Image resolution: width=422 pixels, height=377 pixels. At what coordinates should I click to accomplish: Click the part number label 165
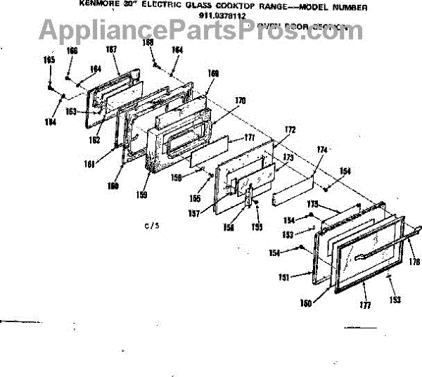[49, 60]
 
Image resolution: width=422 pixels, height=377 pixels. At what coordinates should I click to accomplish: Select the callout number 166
[72, 51]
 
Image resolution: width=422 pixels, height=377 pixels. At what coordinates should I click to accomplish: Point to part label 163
[71, 111]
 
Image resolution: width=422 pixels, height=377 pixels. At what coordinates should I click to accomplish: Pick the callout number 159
[142, 193]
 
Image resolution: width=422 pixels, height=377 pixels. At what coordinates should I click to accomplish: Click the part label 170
[240, 101]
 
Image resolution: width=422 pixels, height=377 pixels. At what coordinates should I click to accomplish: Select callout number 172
[290, 129]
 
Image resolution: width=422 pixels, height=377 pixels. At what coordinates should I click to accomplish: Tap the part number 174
[322, 150]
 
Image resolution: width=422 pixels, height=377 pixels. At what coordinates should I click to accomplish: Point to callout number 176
[414, 262]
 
